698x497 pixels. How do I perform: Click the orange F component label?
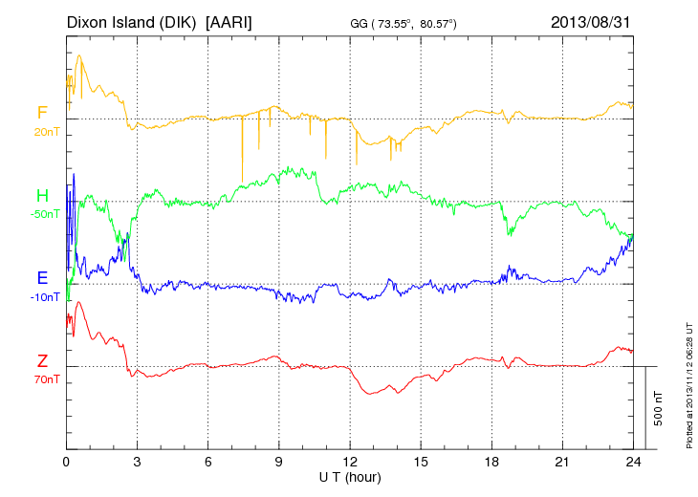click(x=42, y=113)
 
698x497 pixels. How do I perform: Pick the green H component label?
click(x=42, y=196)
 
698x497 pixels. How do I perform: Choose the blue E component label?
click(x=42, y=278)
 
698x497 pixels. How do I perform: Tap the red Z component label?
click(x=42, y=361)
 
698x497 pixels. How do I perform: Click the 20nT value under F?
click(x=45, y=132)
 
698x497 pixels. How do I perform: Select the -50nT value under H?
click(x=44, y=214)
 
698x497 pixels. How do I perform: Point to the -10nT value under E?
click(x=44, y=297)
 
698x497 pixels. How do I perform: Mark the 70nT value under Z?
click(x=44, y=379)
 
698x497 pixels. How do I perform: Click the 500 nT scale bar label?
click(x=658, y=407)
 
